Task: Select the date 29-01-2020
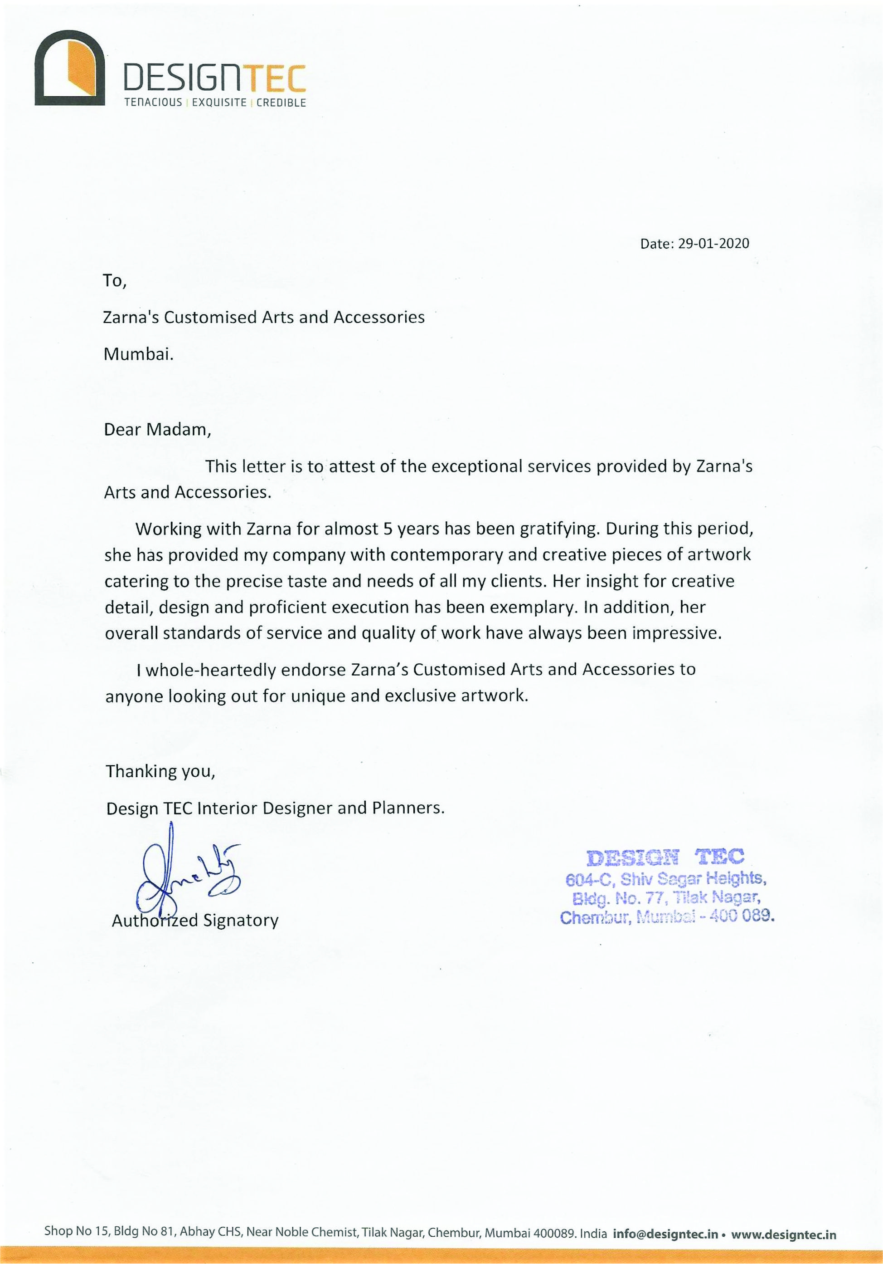click(x=713, y=244)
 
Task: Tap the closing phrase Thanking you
click(x=160, y=771)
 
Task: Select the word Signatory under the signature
click(x=240, y=921)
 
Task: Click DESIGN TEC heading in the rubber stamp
click(x=666, y=857)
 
